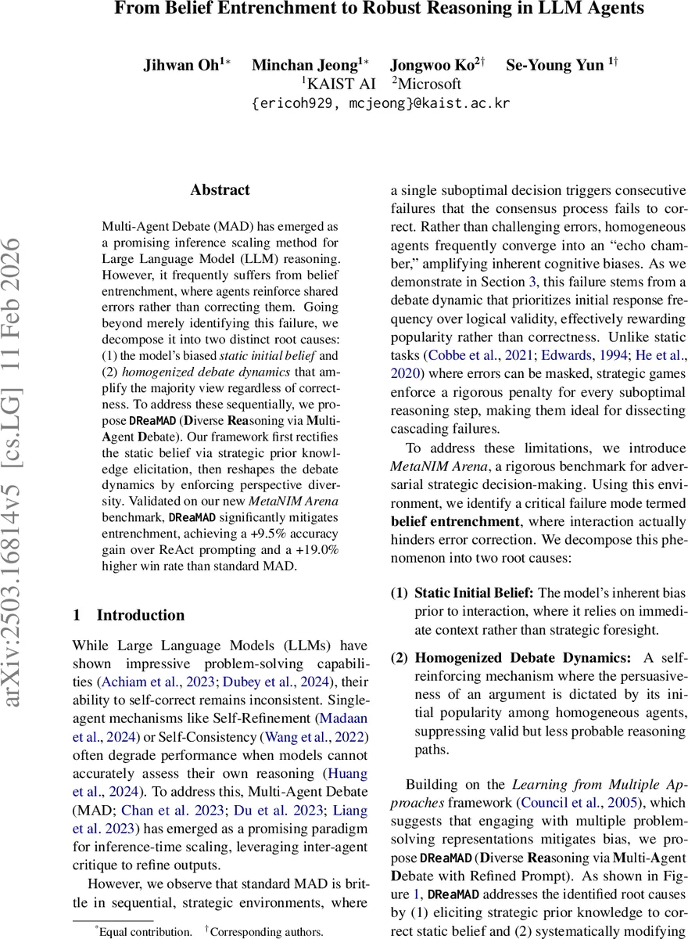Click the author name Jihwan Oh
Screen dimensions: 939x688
(x=177, y=65)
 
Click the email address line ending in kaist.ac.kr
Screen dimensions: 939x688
(x=380, y=103)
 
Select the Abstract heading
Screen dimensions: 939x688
(x=220, y=190)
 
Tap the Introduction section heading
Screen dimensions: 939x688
(x=141, y=614)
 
